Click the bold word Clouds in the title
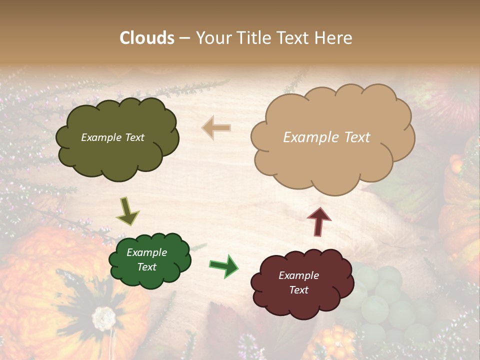[x=147, y=38]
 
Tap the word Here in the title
[x=334, y=38]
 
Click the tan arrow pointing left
[x=216, y=128]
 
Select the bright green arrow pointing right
[x=223, y=265]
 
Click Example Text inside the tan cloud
[x=326, y=137]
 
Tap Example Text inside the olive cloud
[x=112, y=137]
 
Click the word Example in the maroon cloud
[x=298, y=275]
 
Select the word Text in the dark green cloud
[x=146, y=267]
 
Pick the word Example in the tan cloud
[x=305, y=137]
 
